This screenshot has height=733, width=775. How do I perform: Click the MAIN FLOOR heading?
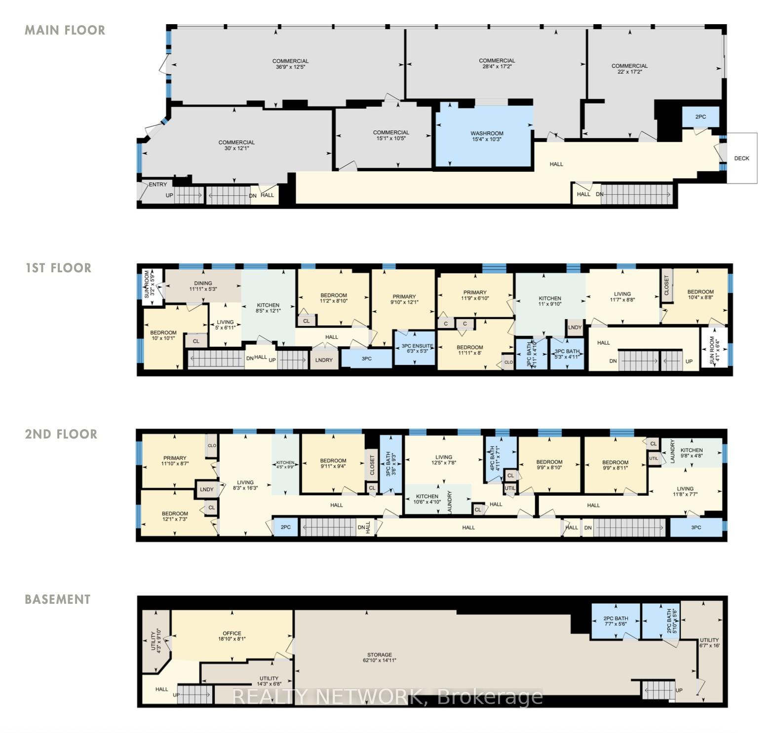(x=65, y=30)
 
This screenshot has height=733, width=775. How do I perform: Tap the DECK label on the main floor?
(x=741, y=158)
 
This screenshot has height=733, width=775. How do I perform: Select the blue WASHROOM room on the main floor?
(x=486, y=137)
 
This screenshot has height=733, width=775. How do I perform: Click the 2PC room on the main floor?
(x=700, y=117)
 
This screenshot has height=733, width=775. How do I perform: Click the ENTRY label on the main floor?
(x=158, y=184)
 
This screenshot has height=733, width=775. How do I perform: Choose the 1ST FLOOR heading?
(x=58, y=268)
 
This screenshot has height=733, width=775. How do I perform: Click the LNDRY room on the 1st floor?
(x=324, y=360)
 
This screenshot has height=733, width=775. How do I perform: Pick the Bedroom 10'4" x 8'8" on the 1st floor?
(x=700, y=295)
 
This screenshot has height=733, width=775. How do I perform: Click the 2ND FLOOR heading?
(x=61, y=434)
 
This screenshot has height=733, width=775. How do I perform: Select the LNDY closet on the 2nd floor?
(x=207, y=489)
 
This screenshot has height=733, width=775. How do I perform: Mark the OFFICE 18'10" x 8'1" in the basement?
(x=232, y=636)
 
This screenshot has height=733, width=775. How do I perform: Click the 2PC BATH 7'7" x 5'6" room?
(x=615, y=621)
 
